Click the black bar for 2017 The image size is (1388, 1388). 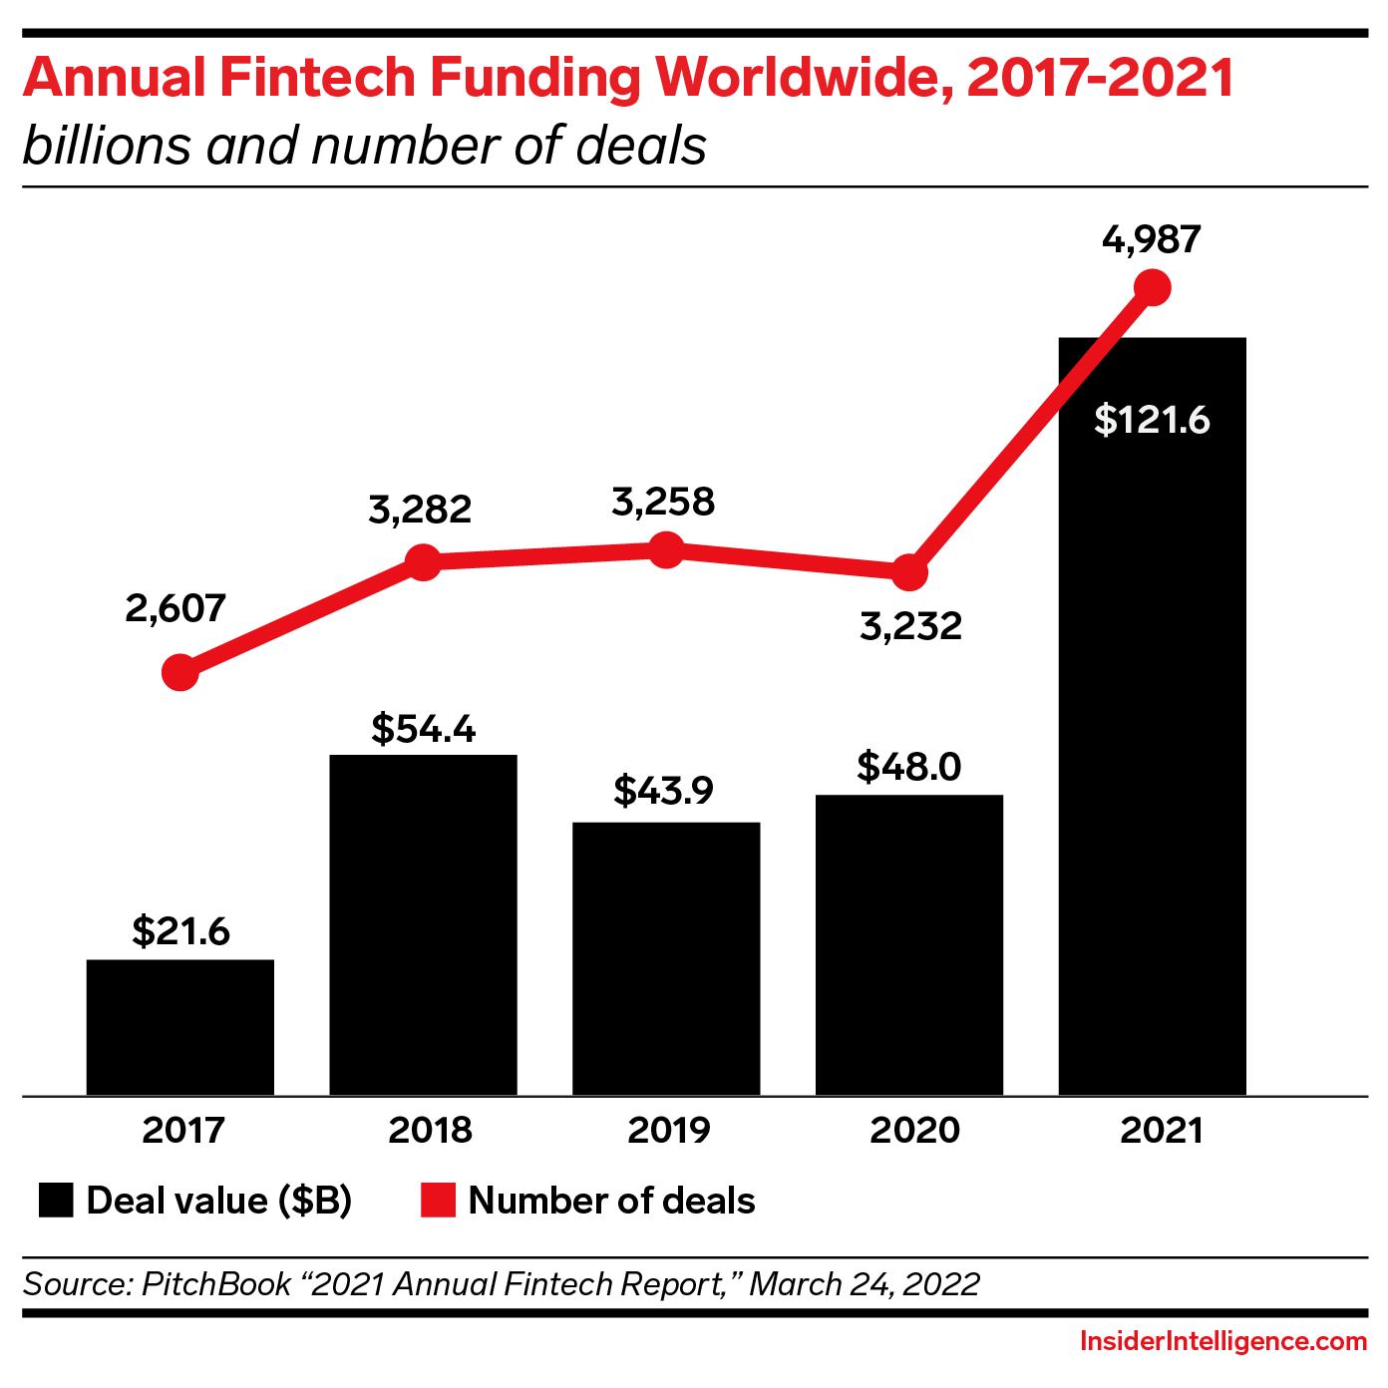click(x=180, y=1027)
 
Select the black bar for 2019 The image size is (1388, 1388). click(x=666, y=958)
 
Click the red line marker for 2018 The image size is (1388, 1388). click(x=423, y=562)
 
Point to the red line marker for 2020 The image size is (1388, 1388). click(x=908, y=573)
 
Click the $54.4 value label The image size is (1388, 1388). click(x=424, y=729)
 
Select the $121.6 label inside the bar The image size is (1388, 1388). click(x=1152, y=420)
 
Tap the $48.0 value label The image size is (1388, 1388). click(x=908, y=767)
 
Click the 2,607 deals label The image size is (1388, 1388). click(x=175, y=608)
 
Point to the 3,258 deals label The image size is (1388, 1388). click(x=663, y=502)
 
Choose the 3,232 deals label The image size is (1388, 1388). click(x=910, y=626)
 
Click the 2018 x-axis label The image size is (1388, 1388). click(x=430, y=1131)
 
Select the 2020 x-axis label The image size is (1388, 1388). click(x=914, y=1131)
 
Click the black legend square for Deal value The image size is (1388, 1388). click(x=56, y=1201)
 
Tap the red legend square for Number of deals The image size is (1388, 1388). click(x=438, y=1201)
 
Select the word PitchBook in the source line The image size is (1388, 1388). click(x=216, y=1283)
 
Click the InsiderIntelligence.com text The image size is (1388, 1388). click(x=1222, y=1342)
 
